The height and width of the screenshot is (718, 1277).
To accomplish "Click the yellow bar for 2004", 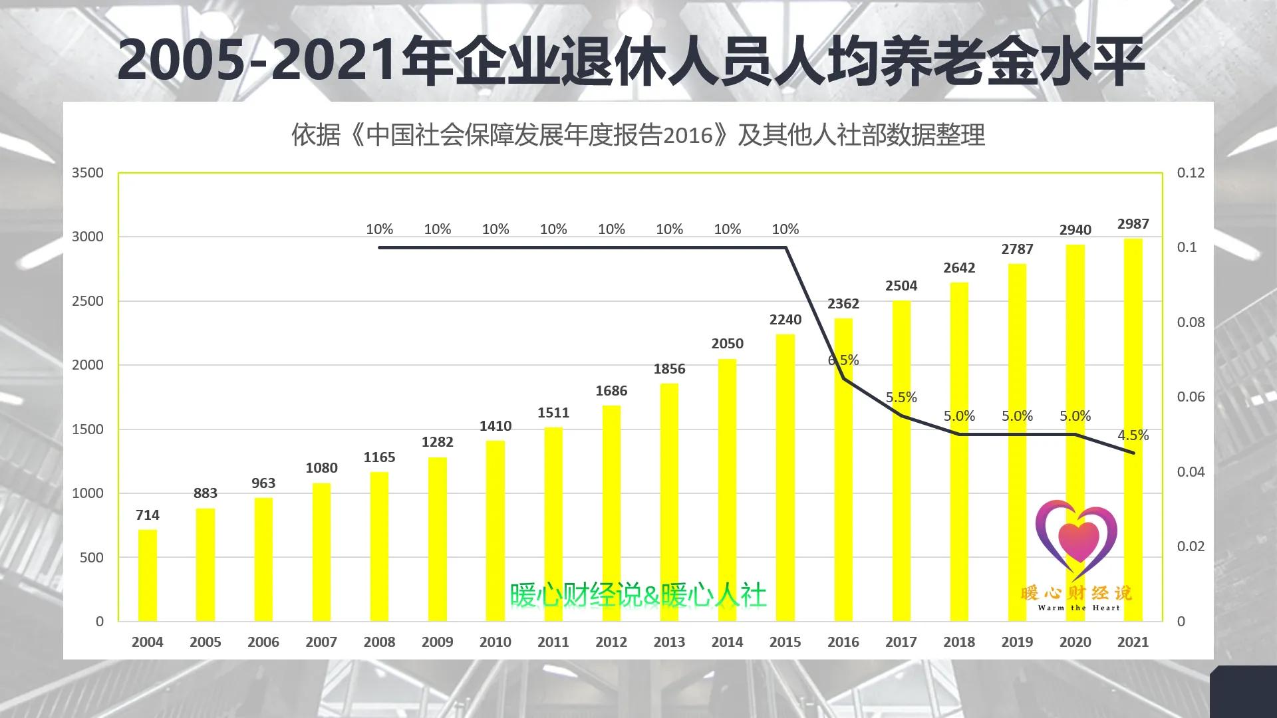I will [147, 575].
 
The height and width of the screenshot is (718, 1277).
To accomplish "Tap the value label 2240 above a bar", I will [785, 320].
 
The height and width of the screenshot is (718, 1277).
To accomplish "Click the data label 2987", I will [1133, 224].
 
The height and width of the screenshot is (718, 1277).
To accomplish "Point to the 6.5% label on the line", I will [843, 360].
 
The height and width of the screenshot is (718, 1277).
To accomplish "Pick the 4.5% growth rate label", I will [1133, 435].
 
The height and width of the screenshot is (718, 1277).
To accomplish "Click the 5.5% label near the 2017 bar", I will [901, 398].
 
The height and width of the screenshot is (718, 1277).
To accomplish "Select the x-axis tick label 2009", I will [437, 642].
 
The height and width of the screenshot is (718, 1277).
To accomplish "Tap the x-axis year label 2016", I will [843, 642].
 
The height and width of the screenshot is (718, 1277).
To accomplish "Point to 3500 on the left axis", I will [88, 173].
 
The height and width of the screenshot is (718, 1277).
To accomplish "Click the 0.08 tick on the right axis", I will [1191, 322].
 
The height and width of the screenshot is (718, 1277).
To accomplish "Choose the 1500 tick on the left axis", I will [88, 429].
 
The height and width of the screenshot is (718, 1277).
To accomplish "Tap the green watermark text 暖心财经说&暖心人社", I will [638, 596].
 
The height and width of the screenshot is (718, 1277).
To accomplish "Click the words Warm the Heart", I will [1079, 608].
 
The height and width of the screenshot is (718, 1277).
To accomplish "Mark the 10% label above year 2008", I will [379, 229].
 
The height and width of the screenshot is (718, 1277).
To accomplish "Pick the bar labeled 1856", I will [669, 502].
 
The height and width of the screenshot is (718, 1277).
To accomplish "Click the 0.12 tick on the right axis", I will [1191, 173].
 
